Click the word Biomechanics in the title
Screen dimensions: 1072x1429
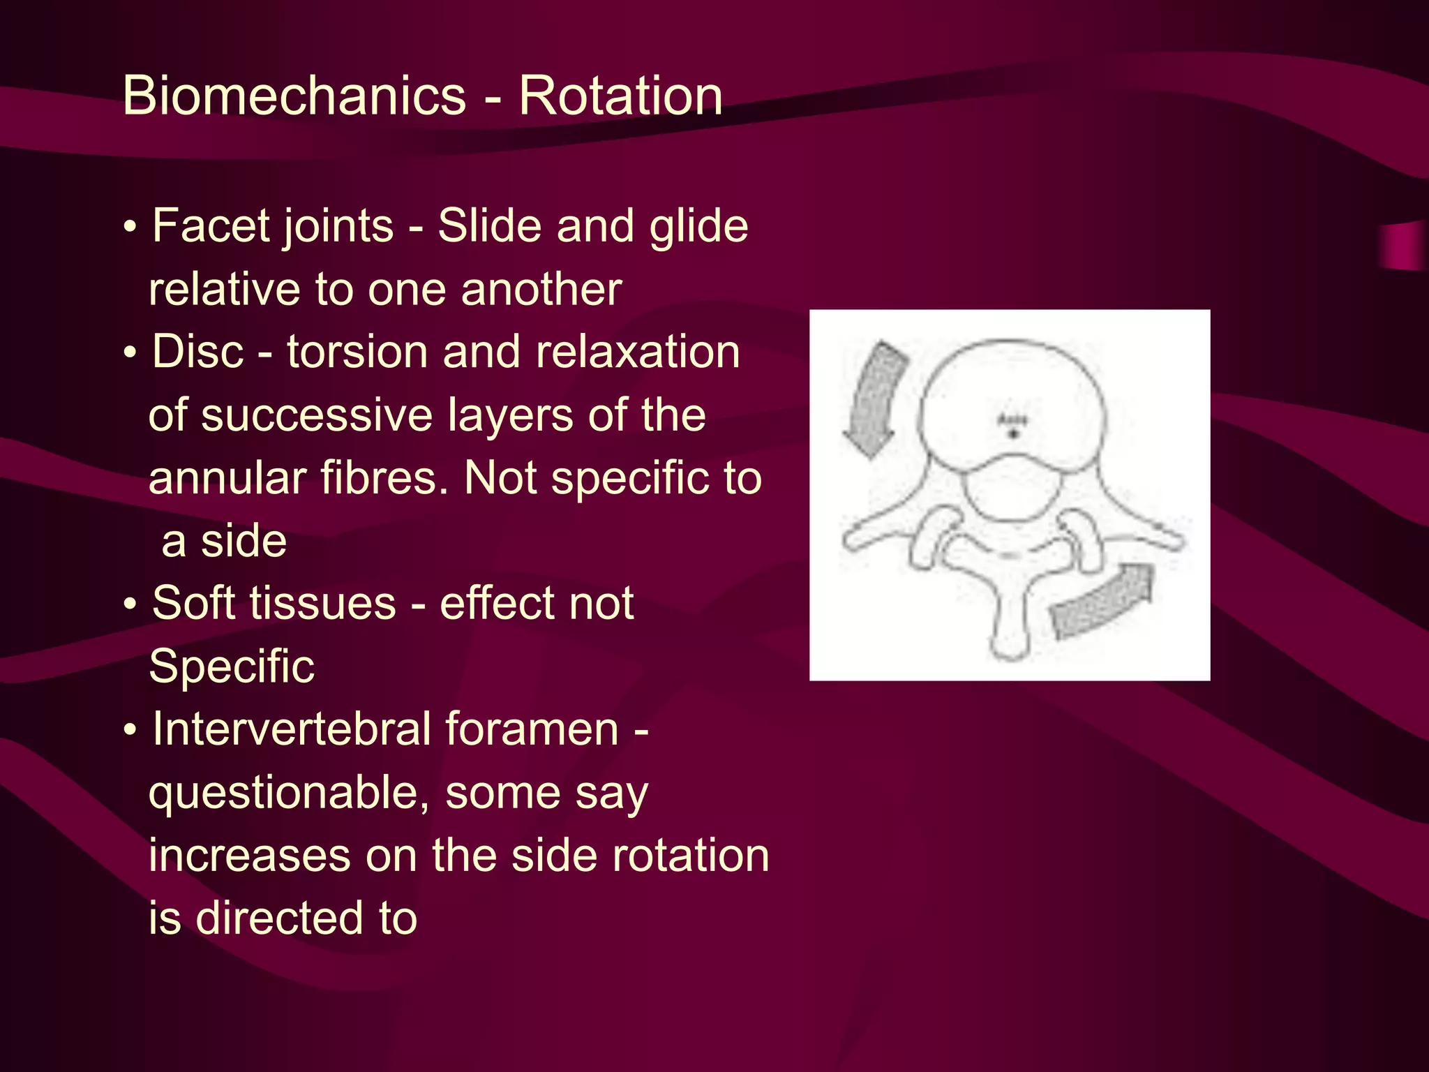pyautogui.click(x=294, y=96)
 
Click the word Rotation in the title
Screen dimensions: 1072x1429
pyautogui.click(x=620, y=96)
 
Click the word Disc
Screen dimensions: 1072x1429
pyautogui.click(x=198, y=352)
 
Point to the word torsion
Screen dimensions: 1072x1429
pyautogui.click(x=357, y=352)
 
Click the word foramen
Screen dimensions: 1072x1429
pyautogui.click(x=532, y=729)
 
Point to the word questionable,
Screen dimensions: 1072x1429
pyautogui.click(x=289, y=794)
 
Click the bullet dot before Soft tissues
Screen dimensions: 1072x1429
pyautogui.click(x=130, y=605)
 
